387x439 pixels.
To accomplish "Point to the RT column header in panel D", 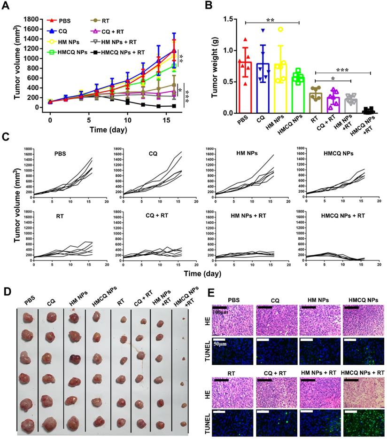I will coord(121,301).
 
